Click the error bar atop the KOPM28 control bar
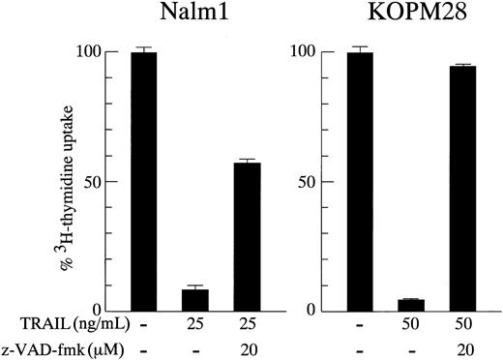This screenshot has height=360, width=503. [x=359, y=47]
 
